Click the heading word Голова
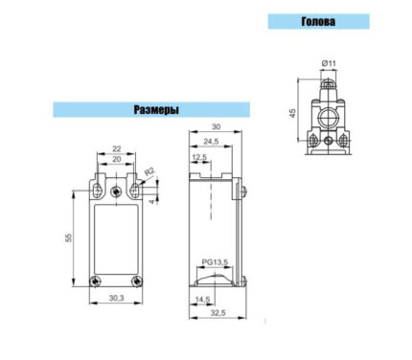click(318, 21)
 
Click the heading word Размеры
click(156, 109)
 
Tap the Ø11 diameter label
click(329, 63)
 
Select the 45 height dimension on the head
click(292, 113)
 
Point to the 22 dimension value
click(117, 148)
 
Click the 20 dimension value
click(117, 159)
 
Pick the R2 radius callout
click(149, 171)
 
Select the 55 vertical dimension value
click(69, 237)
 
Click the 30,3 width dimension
click(116, 298)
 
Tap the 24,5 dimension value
click(211, 142)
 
